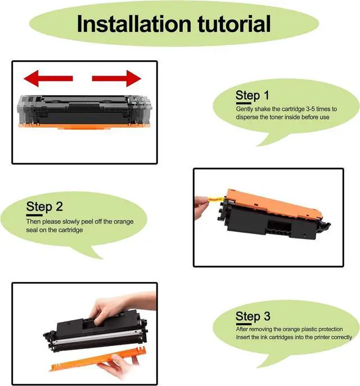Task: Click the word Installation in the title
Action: [134, 24]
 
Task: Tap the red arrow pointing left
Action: [48, 78]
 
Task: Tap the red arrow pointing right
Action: [116, 78]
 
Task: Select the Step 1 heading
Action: [253, 96]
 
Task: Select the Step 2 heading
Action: [44, 207]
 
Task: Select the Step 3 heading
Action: [253, 317]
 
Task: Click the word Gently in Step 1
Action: [244, 109]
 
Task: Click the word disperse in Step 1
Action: [247, 117]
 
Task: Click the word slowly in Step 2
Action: [71, 222]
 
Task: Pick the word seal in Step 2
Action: [31, 230]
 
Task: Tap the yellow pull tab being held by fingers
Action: [217, 199]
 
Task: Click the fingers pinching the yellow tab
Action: [201, 208]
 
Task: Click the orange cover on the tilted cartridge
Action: [273, 204]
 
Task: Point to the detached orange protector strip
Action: [98, 359]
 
